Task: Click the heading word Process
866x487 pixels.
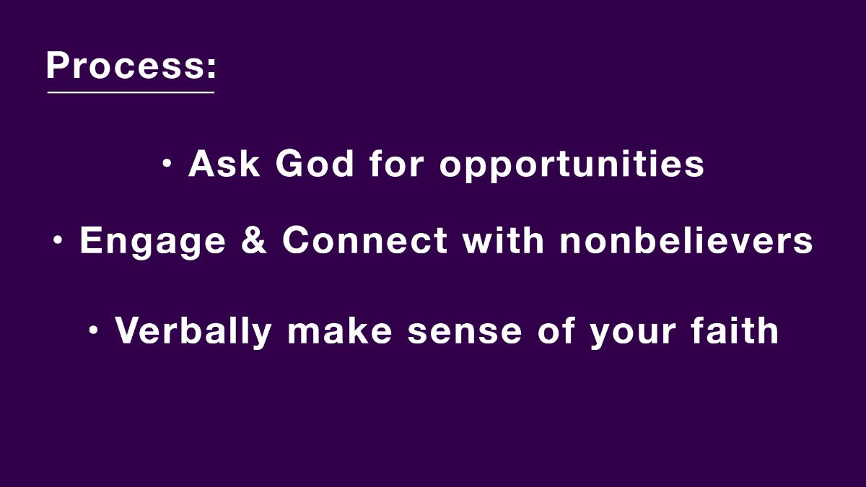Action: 124,65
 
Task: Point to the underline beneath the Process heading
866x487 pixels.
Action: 131,92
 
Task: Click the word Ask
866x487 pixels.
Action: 224,164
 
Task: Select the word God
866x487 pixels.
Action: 315,164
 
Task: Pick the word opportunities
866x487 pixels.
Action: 572,166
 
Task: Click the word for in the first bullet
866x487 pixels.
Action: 396,164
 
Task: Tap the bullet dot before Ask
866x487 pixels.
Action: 167,164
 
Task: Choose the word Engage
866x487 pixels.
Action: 152,242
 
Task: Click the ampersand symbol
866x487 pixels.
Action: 253,240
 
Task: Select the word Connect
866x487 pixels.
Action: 365,240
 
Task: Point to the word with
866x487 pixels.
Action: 504,240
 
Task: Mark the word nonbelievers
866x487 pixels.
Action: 686,240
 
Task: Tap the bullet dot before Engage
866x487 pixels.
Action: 58,240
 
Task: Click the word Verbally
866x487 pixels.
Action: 193,332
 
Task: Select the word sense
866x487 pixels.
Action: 465,333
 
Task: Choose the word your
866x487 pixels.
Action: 632,335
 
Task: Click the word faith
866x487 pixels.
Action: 735,330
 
